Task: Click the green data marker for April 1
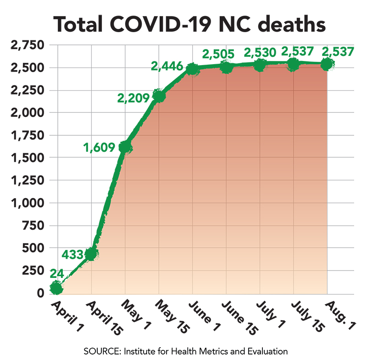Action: [56, 288]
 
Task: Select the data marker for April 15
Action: [91, 253]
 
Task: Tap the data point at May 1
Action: [125, 147]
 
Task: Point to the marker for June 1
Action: [192, 69]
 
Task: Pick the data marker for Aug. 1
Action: [327, 64]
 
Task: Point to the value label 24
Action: [56, 273]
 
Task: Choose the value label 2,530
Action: [260, 52]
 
